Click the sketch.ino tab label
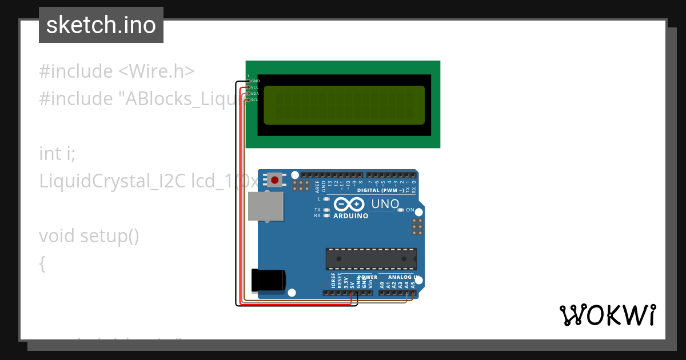pyautogui.click(x=101, y=25)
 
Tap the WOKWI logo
pyautogui.click(x=607, y=315)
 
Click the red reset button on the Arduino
pyautogui.click(x=275, y=180)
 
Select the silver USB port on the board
pyautogui.click(x=266, y=206)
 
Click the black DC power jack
pyautogui.click(x=270, y=280)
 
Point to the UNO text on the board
pyautogui.click(x=385, y=204)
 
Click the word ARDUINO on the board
pyautogui.click(x=350, y=216)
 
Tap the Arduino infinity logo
pyautogui.click(x=349, y=204)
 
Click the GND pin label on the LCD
pyautogui.click(x=255, y=81)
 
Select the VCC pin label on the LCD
pyautogui.click(x=255, y=87)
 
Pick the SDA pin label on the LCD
pyautogui.click(x=255, y=94)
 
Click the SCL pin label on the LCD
pyautogui.click(x=255, y=100)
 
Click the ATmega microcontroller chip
pyautogui.click(x=371, y=259)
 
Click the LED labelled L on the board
pyautogui.click(x=326, y=199)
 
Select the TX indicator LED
pyautogui.click(x=326, y=210)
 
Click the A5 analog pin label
pyautogui.click(x=413, y=283)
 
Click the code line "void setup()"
pyautogui.click(x=89, y=235)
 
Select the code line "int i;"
pyautogui.click(x=57, y=153)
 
